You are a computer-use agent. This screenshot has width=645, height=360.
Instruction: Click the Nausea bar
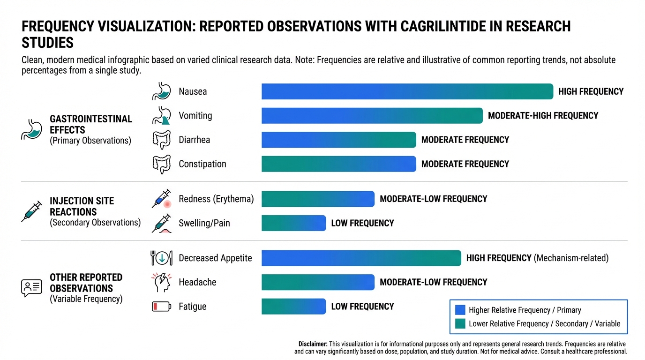(x=407, y=91)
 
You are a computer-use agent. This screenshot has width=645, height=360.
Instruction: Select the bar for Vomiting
(x=372, y=116)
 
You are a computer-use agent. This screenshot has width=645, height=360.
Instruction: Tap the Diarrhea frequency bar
(x=338, y=140)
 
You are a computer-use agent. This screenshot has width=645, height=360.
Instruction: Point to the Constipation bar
(x=338, y=164)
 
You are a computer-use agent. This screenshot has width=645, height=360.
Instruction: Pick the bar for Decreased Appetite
(x=361, y=258)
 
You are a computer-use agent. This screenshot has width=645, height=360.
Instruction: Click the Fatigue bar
(x=293, y=307)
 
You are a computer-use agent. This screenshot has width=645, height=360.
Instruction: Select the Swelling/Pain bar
(x=293, y=223)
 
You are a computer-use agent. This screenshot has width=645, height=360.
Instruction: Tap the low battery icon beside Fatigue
(x=162, y=307)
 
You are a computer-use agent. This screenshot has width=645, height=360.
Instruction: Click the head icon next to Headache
(x=162, y=283)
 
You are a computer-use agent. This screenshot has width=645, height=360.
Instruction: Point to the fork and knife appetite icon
(x=162, y=258)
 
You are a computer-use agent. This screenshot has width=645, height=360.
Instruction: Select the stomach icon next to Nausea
(x=162, y=91)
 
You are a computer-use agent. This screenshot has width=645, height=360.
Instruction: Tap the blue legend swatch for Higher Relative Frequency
(x=460, y=310)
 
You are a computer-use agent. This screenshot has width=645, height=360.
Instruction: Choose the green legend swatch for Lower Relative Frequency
(x=460, y=323)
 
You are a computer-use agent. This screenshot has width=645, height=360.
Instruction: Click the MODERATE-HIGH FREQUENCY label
(x=543, y=116)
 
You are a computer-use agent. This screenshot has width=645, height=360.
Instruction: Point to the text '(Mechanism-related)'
(x=571, y=258)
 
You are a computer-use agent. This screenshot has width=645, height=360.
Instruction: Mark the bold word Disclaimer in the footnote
(x=313, y=344)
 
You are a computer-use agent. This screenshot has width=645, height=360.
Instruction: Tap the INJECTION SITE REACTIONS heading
(x=82, y=206)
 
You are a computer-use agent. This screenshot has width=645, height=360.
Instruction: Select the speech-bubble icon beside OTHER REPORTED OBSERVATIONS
(x=31, y=288)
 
